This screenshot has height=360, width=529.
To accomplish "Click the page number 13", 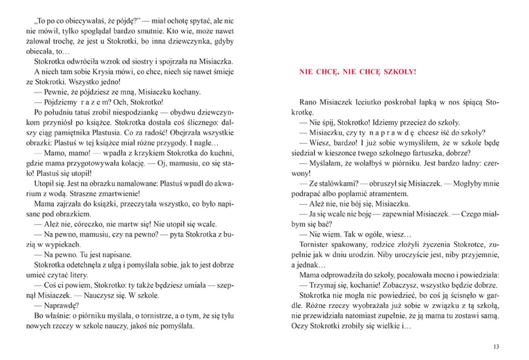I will pyautogui.click(x=496, y=346).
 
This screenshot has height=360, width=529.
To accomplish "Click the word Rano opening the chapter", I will pyautogui.click(x=307, y=102).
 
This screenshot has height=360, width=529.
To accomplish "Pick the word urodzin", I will pyautogui.click(x=370, y=255).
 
